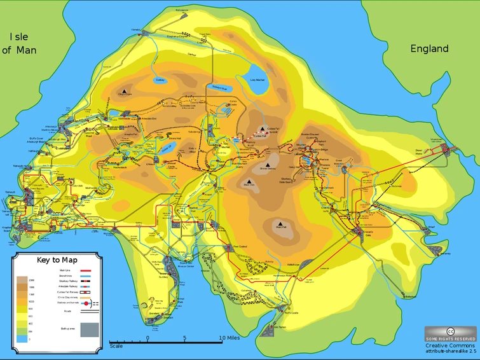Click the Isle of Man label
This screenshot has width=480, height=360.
coord(19,43)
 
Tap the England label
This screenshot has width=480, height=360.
coord(429,49)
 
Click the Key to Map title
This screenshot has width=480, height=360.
coord(57,260)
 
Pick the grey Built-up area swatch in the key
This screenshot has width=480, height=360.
coord(88,329)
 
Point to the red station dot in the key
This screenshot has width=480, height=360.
coord(86,304)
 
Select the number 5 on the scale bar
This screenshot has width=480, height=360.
coord(185,338)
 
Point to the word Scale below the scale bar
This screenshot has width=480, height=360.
coord(116,346)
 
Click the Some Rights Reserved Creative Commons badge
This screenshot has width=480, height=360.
coord(450,335)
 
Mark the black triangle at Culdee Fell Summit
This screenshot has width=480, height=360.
coord(261,128)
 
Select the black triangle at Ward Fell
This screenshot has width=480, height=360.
coord(280,224)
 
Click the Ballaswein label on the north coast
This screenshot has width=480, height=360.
coord(164,10)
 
